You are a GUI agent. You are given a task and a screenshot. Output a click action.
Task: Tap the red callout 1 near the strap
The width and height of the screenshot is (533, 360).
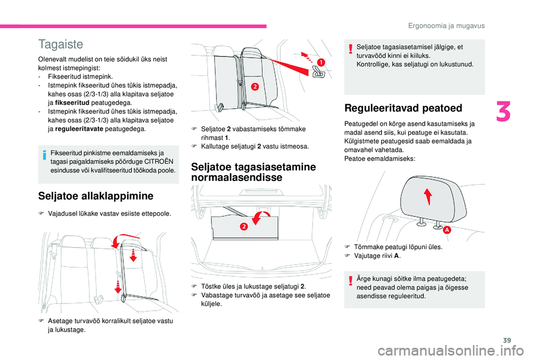[320, 62]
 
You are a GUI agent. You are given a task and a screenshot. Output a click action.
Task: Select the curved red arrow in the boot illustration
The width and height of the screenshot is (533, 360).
[261, 219]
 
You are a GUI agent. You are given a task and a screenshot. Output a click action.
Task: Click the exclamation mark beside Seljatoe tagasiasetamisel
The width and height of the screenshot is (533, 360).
[351, 49]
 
